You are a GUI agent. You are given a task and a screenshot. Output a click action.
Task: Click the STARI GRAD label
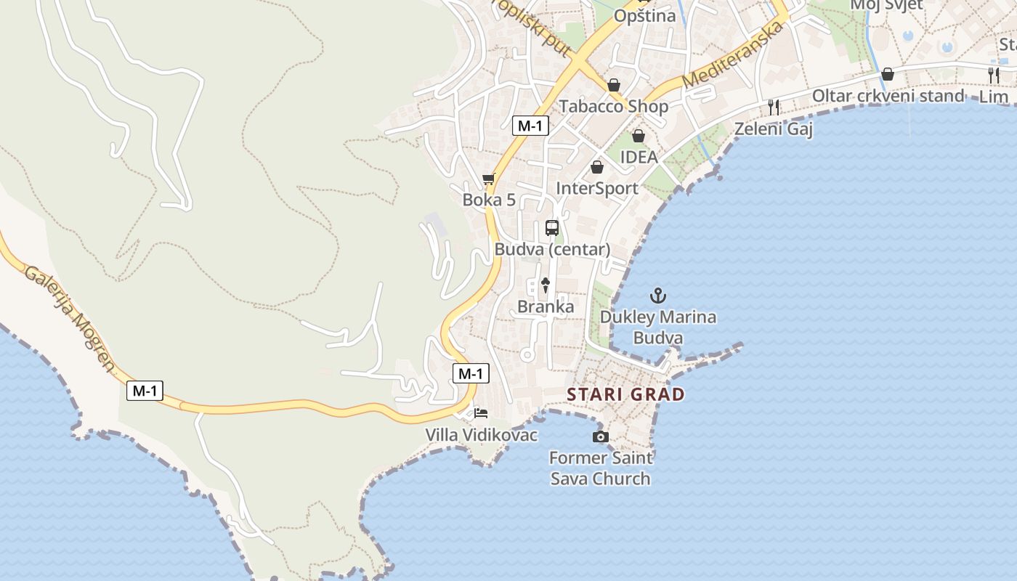[x=625, y=394]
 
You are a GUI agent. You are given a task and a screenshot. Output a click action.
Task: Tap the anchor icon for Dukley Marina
[x=657, y=296]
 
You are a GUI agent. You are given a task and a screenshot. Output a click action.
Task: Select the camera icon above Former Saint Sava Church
[x=601, y=436]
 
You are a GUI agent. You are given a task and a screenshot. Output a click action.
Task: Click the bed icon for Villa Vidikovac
[x=481, y=413]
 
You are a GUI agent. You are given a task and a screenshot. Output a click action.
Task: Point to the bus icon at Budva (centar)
[x=552, y=228]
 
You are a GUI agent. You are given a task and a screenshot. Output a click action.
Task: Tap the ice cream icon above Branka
[x=546, y=285]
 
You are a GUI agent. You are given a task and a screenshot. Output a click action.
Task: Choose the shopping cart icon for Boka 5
[x=488, y=179]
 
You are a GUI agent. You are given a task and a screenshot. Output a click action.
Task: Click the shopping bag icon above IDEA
[x=638, y=136]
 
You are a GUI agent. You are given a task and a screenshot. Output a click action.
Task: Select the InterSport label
[x=596, y=188]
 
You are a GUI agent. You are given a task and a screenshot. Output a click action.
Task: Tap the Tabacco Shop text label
[x=613, y=106]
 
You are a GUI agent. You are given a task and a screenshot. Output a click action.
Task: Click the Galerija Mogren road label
[x=70, y=318]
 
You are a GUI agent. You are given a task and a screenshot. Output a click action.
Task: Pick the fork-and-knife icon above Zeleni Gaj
[x=774, y=107]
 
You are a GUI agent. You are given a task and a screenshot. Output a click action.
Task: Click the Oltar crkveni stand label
[x=888, y=96]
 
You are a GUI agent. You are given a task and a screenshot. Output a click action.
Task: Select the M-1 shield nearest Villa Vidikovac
[x=471, y=374]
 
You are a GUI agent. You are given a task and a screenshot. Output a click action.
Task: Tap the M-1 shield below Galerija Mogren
[x=145, y=391]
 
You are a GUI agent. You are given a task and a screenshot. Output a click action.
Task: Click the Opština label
[x=644, y=15]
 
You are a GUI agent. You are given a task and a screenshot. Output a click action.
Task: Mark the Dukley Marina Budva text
[x=657, y=328]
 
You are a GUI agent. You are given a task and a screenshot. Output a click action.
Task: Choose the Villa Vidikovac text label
[x=482, y=435]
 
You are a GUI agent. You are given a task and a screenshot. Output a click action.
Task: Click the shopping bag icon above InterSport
[x=596, y=168]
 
